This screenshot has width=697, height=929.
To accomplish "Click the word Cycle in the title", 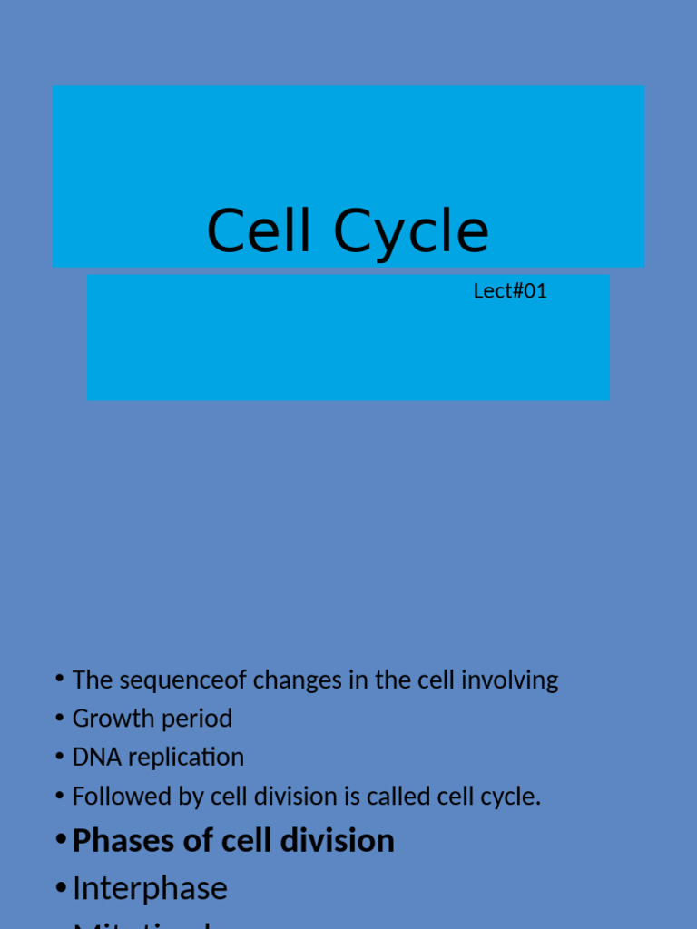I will pyautogui.click(x=411, y=231).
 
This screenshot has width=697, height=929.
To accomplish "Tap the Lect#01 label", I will pyautogui.click(x=510, y=291).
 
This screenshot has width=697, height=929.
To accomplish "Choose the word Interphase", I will pyautogui.click(x=150, y=888).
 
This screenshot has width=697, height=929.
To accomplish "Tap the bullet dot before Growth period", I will pyautogui.click(x=60, y=718).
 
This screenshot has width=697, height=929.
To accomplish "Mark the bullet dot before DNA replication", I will pyautogui.click(x=60, y=756).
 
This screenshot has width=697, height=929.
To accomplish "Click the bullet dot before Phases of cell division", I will pyautogui.click(x=60, y=840).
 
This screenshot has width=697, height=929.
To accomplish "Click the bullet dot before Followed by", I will pyautogui.click(x=60, y=796).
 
